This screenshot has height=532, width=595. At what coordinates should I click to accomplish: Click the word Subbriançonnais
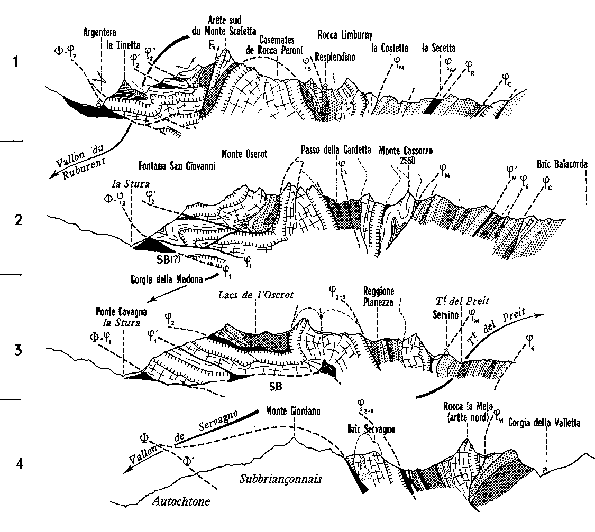click(x=280, y=480)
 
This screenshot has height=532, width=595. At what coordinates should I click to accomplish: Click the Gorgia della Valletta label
click(x=545, y=422)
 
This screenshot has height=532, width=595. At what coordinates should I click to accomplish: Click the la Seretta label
click(x=438, y=49)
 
